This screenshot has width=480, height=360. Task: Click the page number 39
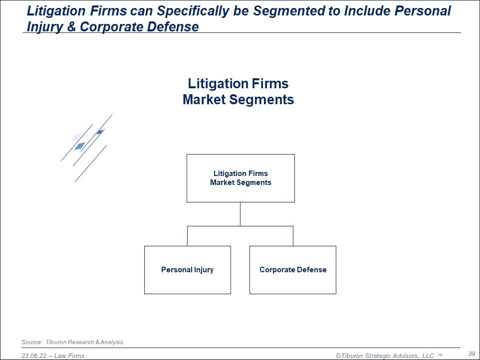(x=472, y=354)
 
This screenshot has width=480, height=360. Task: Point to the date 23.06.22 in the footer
(x=34, y=356)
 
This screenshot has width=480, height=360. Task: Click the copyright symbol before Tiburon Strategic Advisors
(x=338, y=356)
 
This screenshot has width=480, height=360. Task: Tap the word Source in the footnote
(x=32, y=342)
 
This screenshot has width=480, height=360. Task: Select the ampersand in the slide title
(x=71, y=26)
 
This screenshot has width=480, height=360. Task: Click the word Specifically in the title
(x=193, y=11)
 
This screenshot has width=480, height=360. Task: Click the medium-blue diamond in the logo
(x=80, y=146)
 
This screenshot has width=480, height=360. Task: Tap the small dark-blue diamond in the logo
(x=100, y=132)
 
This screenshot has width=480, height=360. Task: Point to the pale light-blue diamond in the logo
(x=76, y=138)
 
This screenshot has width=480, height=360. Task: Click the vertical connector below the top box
(x=240, y=214)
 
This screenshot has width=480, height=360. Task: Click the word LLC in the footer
(x=428, y=356)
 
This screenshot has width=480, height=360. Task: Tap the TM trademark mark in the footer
(x=440, y=355)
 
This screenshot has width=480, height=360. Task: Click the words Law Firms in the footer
(x=69, y=356)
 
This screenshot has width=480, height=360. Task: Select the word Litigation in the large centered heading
(x=218, y=84)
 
